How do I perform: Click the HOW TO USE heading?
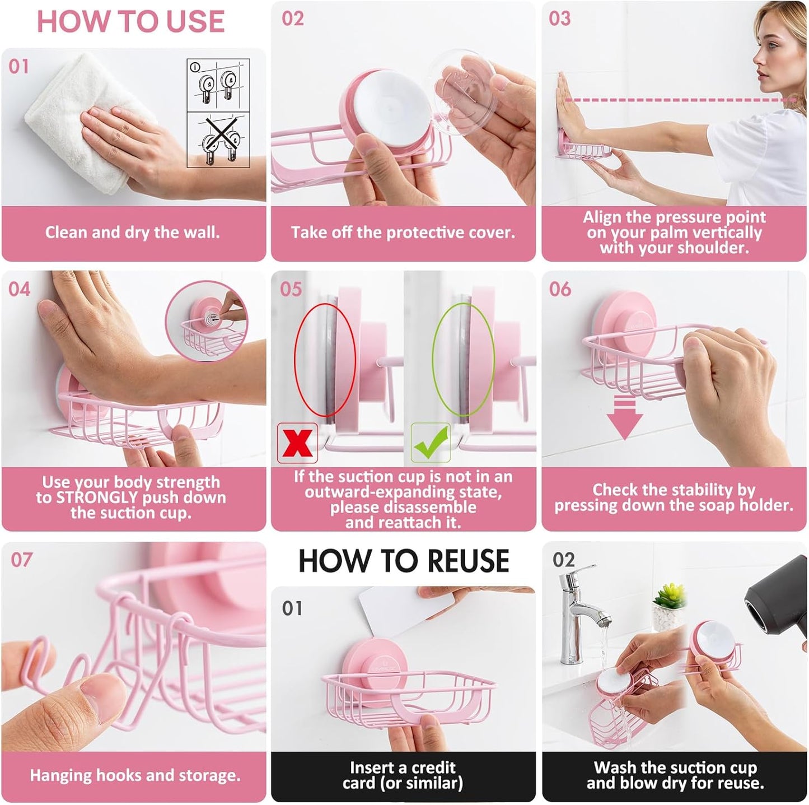(130, 22)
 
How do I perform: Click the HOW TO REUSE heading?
(403, 561)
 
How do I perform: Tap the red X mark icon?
(297, 443)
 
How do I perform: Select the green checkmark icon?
(431, 443)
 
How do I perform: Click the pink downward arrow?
(625, 417)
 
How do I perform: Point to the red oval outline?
(325, 359)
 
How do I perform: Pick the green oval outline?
(463, 359)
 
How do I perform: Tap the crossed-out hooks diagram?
(218, 139)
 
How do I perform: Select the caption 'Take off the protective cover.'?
(403, 232)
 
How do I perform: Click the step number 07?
(21, 560)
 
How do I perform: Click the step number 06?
(560, 289)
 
